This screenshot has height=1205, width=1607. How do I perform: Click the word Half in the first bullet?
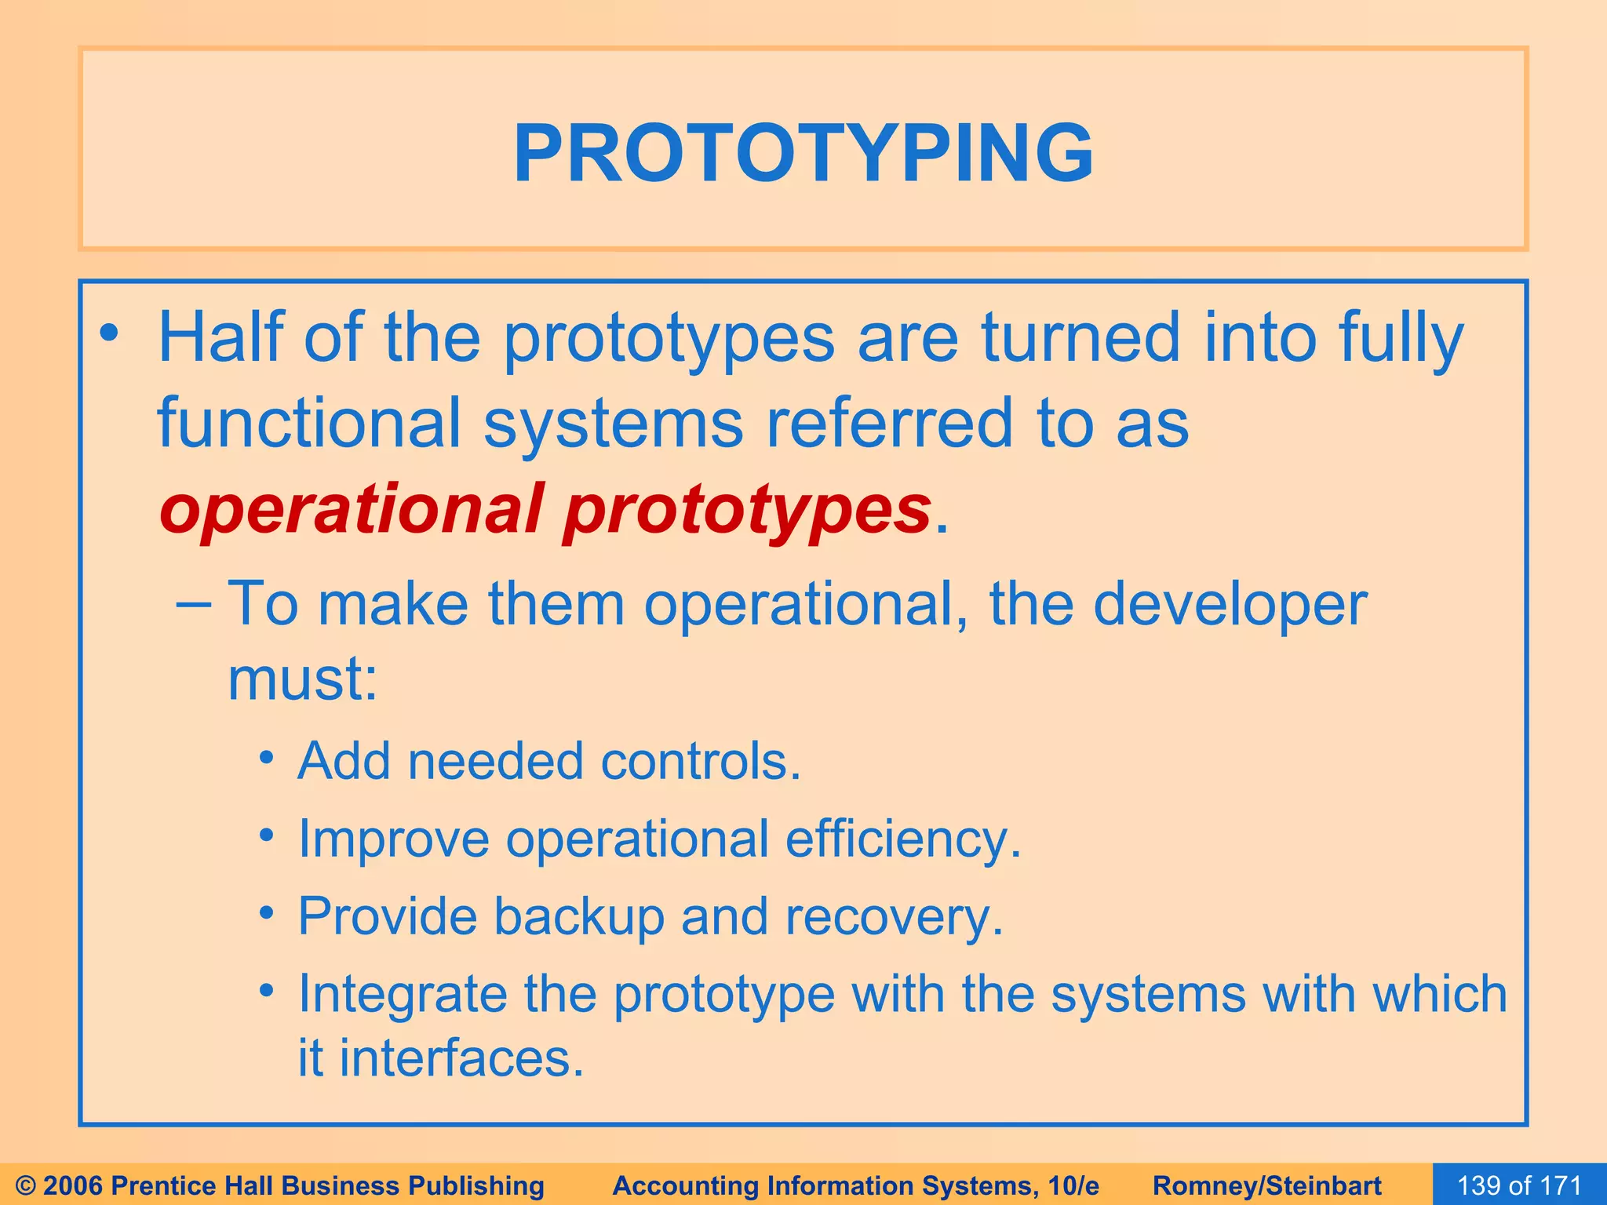[x=220, y=337]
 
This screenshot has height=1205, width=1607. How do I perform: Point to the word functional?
[x=309, y=424]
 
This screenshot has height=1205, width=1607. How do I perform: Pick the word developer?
[x=1230, y=604]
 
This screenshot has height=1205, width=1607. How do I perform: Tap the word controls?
[x=700, y=761]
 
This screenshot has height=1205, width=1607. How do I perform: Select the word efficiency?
[x=903, y=839]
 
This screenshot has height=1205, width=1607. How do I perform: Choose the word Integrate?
[x=403, y=995]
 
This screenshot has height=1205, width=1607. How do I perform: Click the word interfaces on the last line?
[x=461, y=1059]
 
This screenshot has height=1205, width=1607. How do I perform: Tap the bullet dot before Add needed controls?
[x=268, y=759]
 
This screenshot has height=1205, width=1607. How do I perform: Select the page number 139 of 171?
[x=1519, y=1185]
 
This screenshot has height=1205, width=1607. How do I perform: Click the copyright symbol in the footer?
[x=26, y=1185]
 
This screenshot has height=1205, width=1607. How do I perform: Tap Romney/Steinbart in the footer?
[x=1267, y=1185]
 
